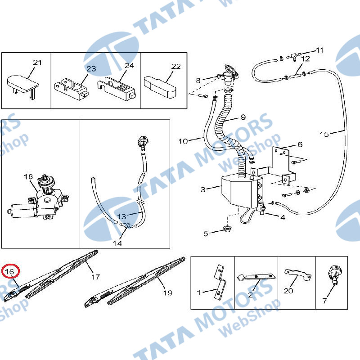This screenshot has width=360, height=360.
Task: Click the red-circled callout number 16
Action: pos(9,272)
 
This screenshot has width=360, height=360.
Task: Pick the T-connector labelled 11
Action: pos(293,56)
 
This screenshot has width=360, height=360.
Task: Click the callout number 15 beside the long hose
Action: pos(324,134)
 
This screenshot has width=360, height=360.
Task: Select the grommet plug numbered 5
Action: pos(227,229)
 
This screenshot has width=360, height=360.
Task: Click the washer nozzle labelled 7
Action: pos(335,275)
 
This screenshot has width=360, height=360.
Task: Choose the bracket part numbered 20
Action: pos(297,275)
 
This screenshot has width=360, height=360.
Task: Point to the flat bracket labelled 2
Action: pos(256,277)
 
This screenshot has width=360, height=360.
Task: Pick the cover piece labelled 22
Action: pos(160,87)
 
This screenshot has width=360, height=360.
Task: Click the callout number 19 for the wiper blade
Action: pos(167,293)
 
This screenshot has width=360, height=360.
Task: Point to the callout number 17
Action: pos(95,277)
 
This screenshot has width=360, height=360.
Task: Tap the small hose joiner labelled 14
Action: pos(126,226)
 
